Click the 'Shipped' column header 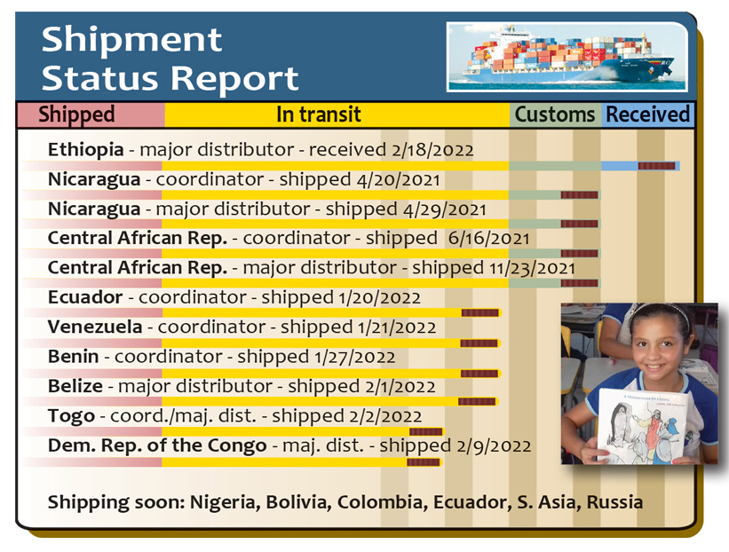[x=76, y=114]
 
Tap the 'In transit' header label [x=319, y=114]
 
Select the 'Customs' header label [x=555, y=114]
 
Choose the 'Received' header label [x=647, y=114]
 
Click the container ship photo [x=567, y=57]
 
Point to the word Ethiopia [x=85, y=150]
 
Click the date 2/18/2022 [x=432, y=150]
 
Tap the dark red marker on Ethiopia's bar [x=656, y=166]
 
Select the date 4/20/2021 [x=398, y=180]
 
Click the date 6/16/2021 [x=488, y=239]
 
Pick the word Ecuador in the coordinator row [x=85, y=297]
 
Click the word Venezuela [x=95, y=327]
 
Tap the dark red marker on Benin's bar [x=479, y=374]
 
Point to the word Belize [x=75, y=386]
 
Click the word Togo [x=71, y=417]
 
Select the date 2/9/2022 [x=494, y=446]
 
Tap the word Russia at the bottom [x=614, y=502]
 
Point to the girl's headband [x=661, y=310]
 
